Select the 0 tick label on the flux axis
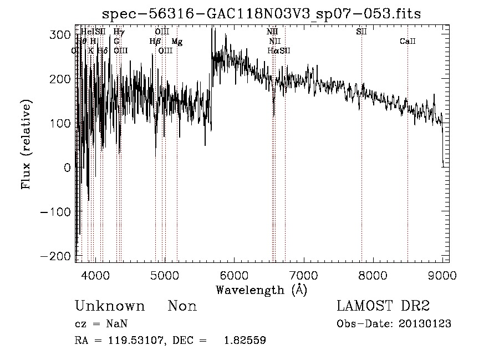click(67, 167)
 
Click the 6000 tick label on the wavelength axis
click(234, 275)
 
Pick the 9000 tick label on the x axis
click(442, 275)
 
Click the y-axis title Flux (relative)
click(27, 145)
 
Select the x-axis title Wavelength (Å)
click(261, 290)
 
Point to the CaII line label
click(408, 42)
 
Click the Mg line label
click(177, 42)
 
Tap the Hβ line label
click(155, 41)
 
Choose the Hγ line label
click(119, 32)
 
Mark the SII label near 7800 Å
click(361, 32)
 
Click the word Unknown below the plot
click(110, 306)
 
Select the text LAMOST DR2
click(383, 306)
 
